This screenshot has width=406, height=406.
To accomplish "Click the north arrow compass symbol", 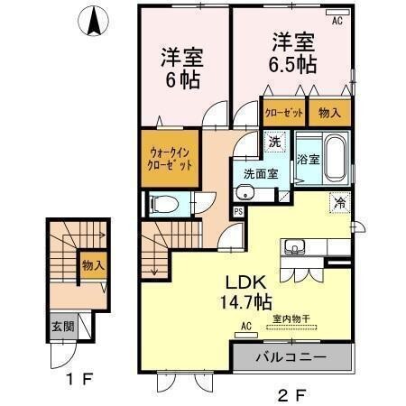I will (93, 23).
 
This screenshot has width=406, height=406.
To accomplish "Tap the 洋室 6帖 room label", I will (182, 68).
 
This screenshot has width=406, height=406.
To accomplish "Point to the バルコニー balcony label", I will (290, 358).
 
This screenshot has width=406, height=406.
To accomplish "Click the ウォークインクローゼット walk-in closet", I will (170, 160).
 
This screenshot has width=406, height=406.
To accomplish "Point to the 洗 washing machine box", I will (274, 141).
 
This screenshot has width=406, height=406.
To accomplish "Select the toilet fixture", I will (163, 204).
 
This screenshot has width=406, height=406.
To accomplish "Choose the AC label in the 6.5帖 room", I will (337, 19).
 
